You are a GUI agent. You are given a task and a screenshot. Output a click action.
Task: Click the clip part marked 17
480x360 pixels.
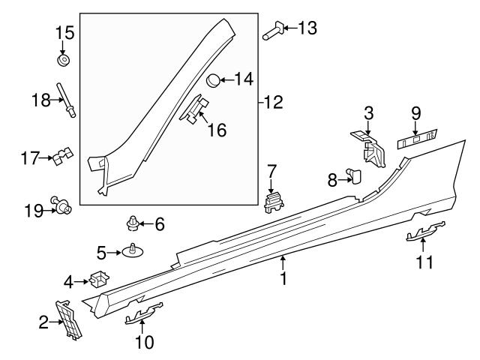click(x=61, y=157)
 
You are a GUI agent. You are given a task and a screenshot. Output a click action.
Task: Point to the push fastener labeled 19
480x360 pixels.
click(x=61, y=204)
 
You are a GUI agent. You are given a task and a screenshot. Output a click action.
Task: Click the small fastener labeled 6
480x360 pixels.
click(x=133, y=223)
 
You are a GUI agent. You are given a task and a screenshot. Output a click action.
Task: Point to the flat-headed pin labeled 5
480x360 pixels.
click(x=133, y=251)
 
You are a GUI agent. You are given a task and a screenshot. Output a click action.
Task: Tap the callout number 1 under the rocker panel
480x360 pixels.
click(x=283, y=279)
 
